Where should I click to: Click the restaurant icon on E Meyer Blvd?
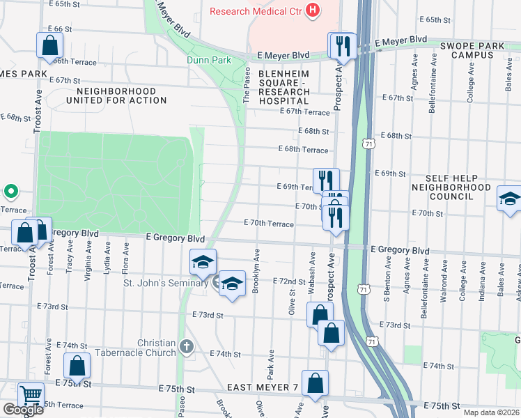(343, 45)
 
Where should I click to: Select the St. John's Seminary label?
(165, 283)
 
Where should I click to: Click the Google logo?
(22, 410)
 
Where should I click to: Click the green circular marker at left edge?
(10, 190)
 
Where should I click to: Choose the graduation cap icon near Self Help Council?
(509, 199)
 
